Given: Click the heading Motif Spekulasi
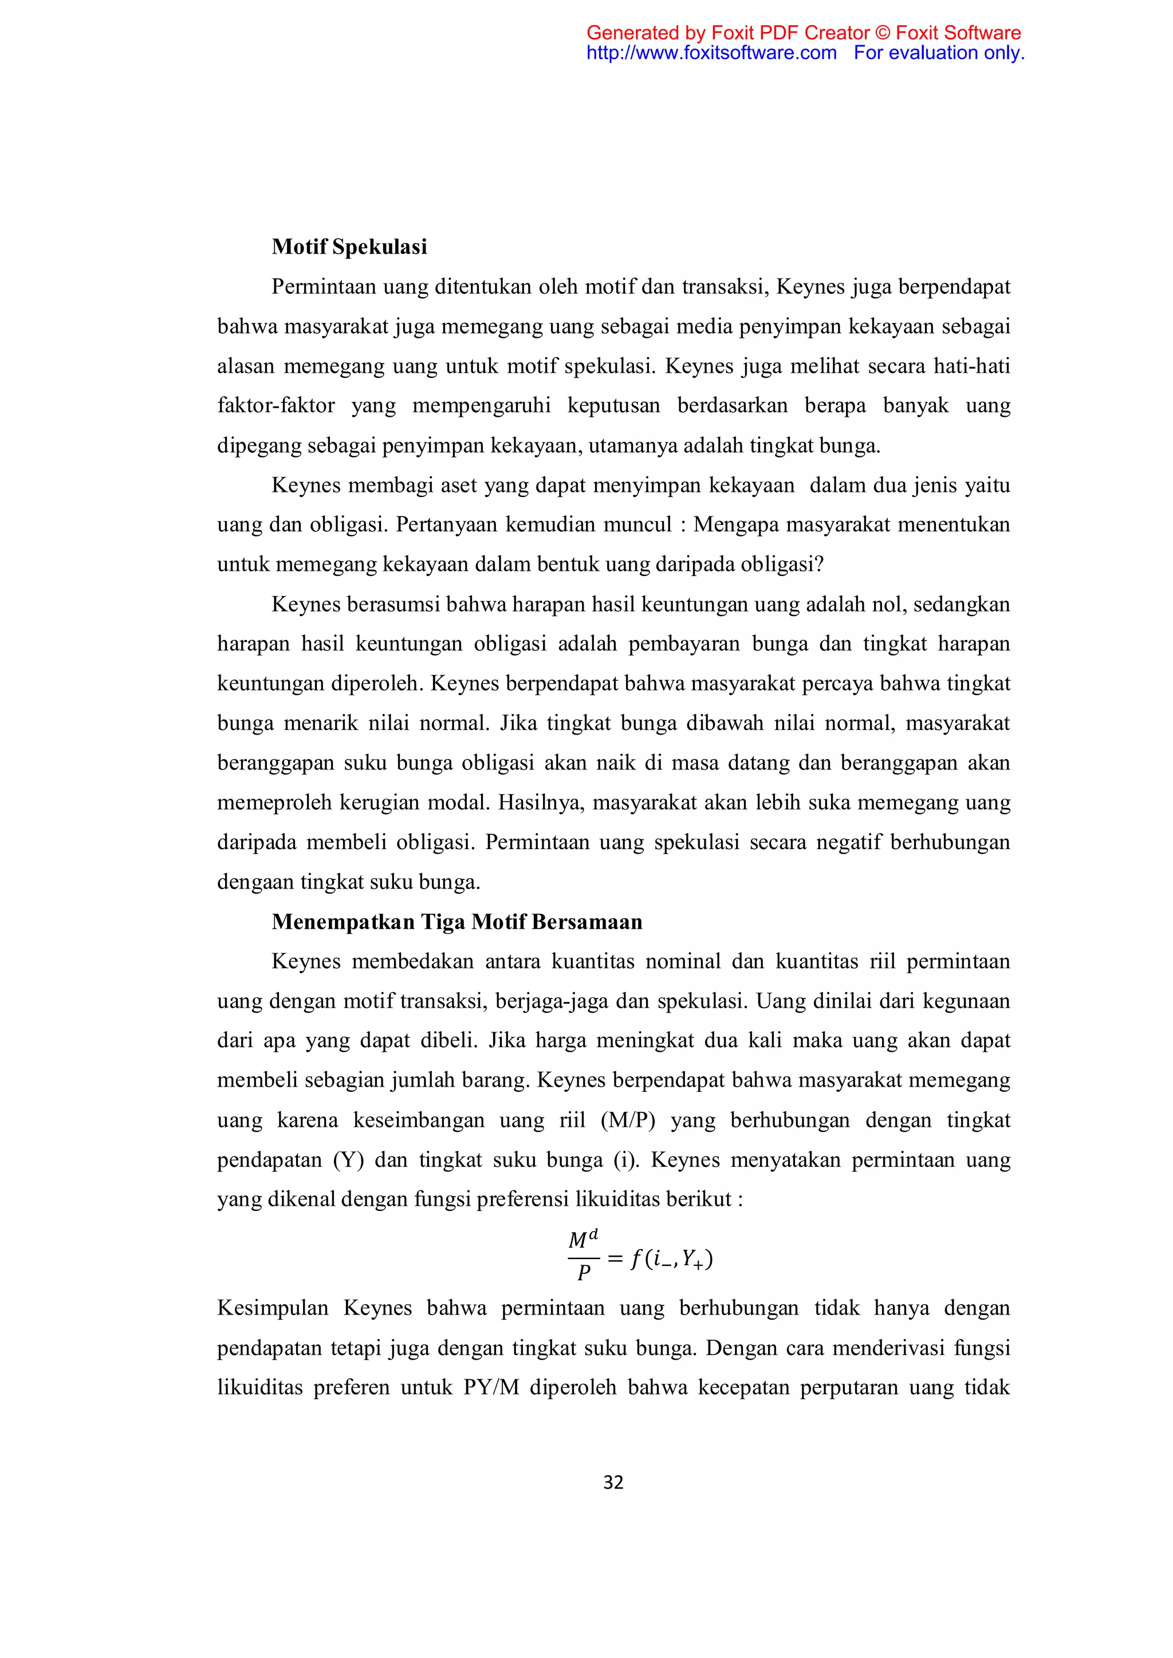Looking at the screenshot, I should click(349, 247).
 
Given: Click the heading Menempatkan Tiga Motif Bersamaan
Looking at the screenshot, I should click(456, 922).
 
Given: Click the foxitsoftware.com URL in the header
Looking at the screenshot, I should click(711, 53).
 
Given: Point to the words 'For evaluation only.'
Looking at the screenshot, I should click(938, 53).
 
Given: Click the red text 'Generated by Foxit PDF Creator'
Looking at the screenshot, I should click(728, 33).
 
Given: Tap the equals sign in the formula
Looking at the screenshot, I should click(615, 1258).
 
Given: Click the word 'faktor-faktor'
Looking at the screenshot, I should click(276, 406).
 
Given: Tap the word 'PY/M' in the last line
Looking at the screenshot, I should click(491, 1387).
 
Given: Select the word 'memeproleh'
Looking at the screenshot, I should click(273, 803).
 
